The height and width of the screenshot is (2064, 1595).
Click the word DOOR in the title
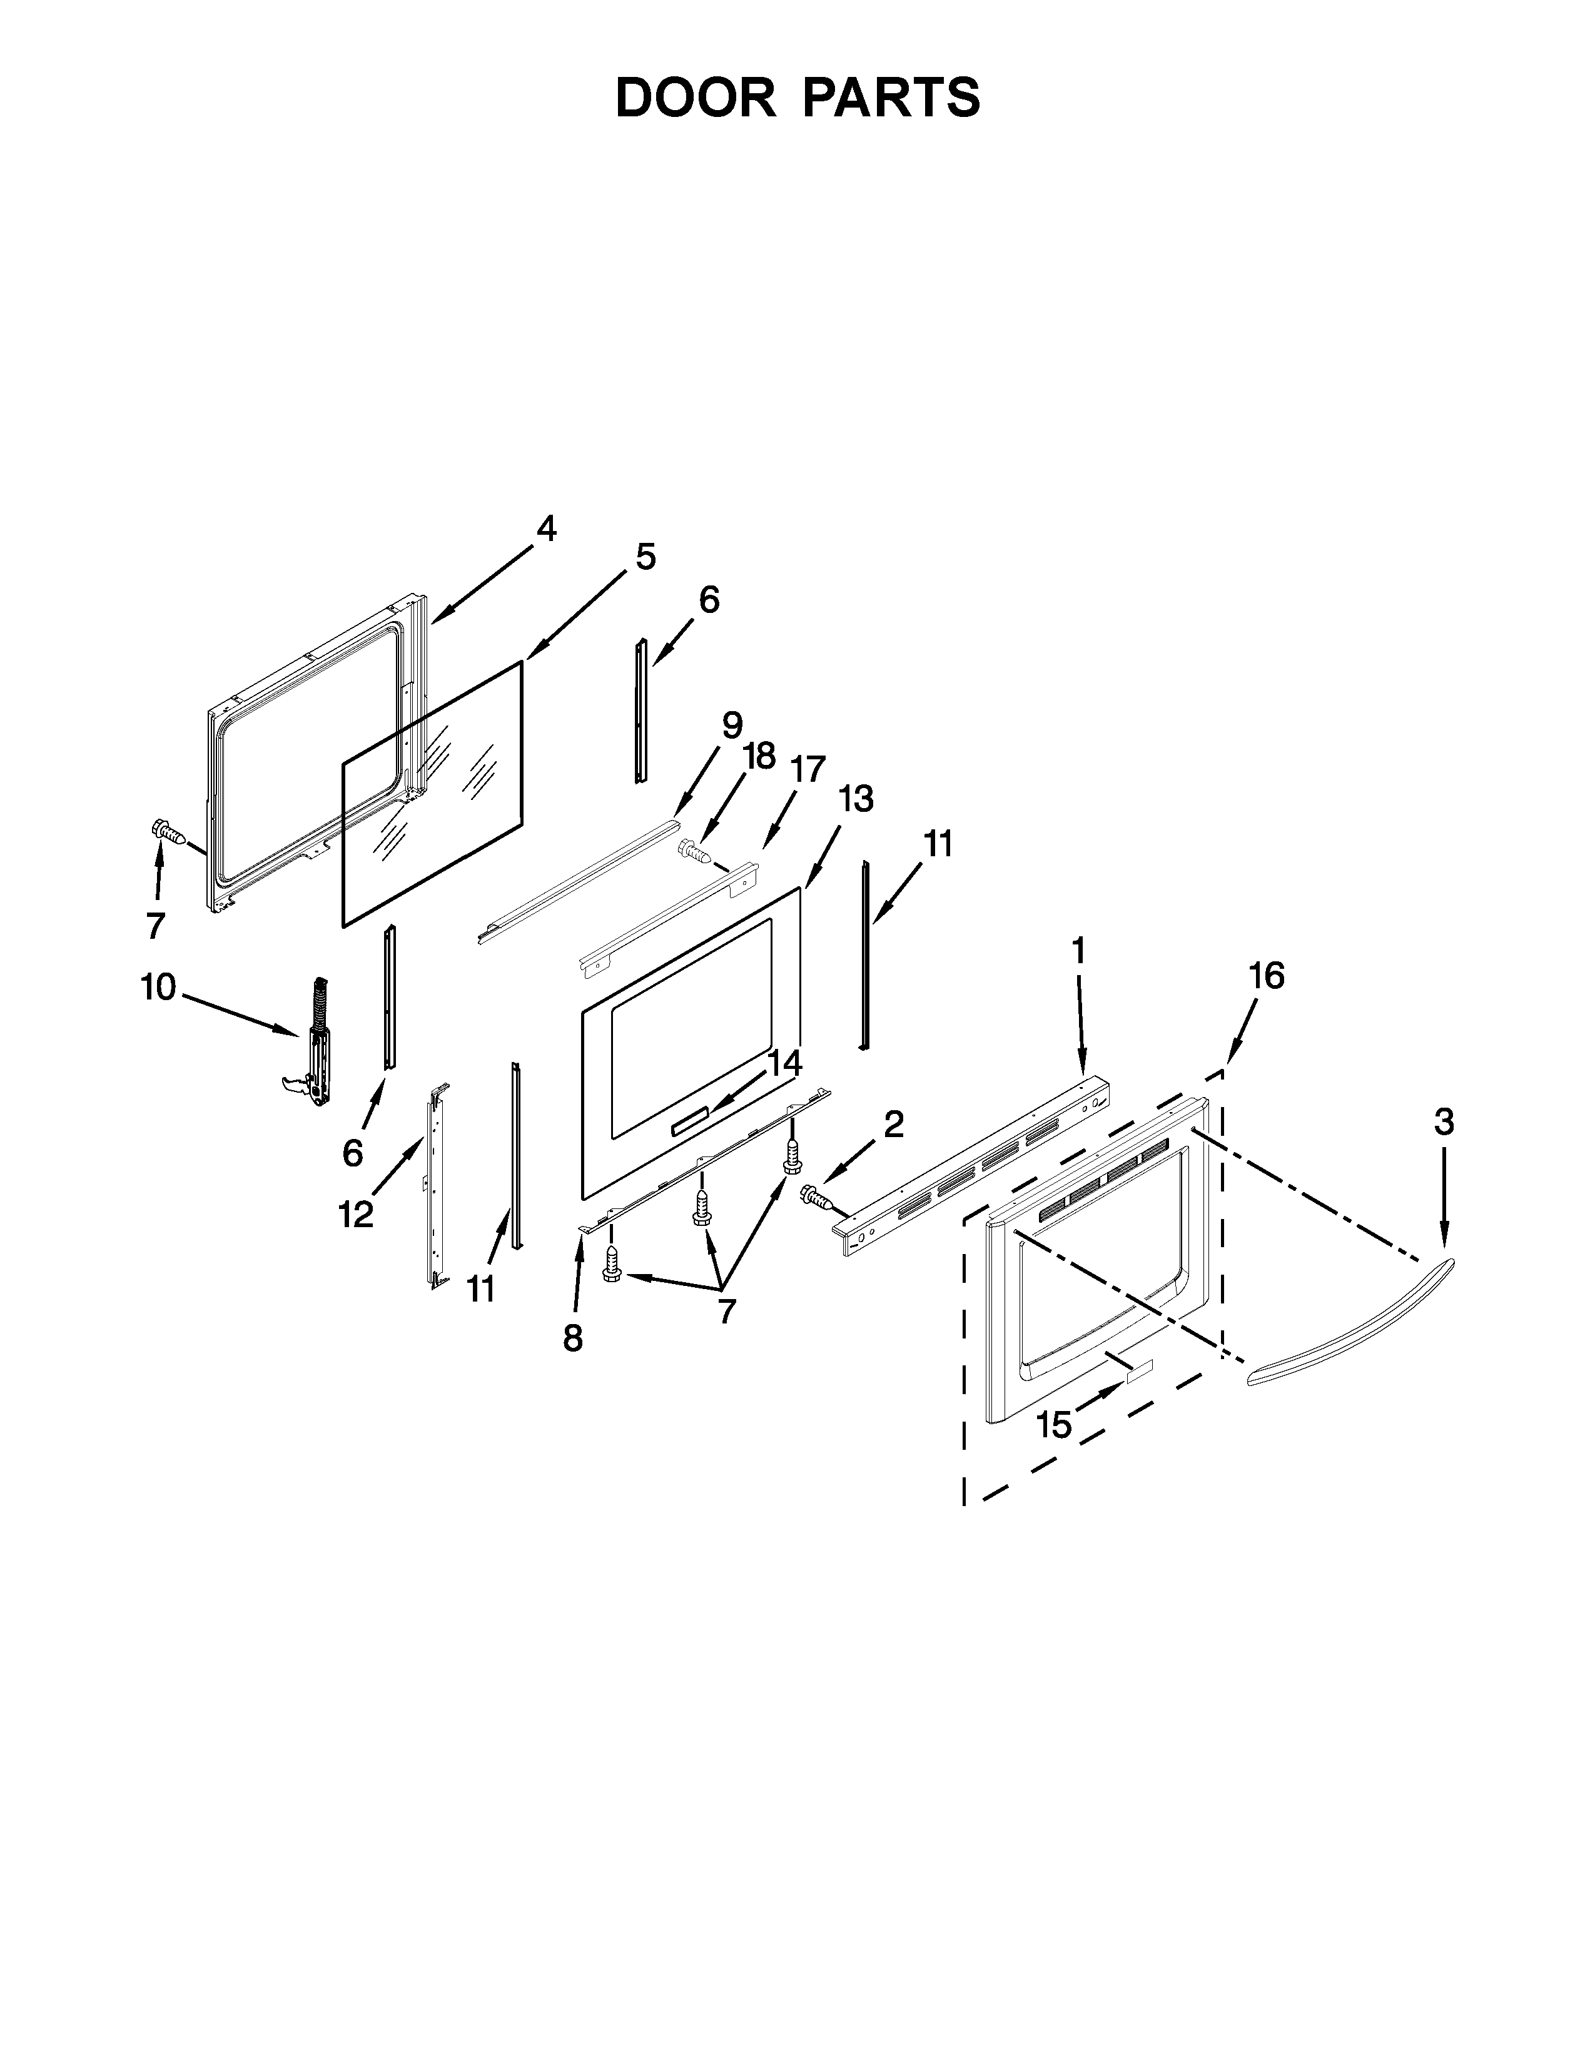pos(694,98)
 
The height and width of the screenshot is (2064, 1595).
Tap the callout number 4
pos(546,529)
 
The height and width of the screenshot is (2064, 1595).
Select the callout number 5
pos(646,557)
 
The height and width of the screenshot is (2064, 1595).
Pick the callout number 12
pos(357,1215)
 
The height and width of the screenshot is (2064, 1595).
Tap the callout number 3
pos(1443,1122)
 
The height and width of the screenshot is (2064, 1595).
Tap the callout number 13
pos(856,799)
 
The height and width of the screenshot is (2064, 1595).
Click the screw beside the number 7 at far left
pos(166,834)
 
